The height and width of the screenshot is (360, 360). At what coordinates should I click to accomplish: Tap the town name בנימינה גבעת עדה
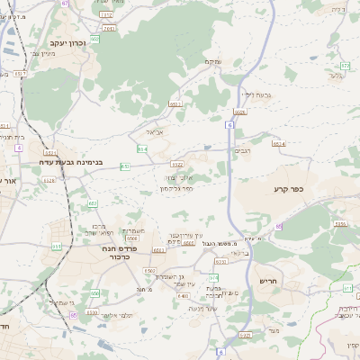[71, 163]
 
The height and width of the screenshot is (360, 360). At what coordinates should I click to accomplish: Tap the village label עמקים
[211, 61]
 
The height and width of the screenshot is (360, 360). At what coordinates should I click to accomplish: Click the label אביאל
[154, 130]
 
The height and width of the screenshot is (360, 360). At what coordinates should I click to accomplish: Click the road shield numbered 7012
[105, 14]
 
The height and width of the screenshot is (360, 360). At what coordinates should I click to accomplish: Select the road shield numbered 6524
[279, 144]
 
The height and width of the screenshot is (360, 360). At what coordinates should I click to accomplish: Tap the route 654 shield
[142, 148]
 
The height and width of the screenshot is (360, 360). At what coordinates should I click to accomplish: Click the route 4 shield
[18, 147]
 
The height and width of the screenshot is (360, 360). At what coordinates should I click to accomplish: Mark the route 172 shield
[345, 66]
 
